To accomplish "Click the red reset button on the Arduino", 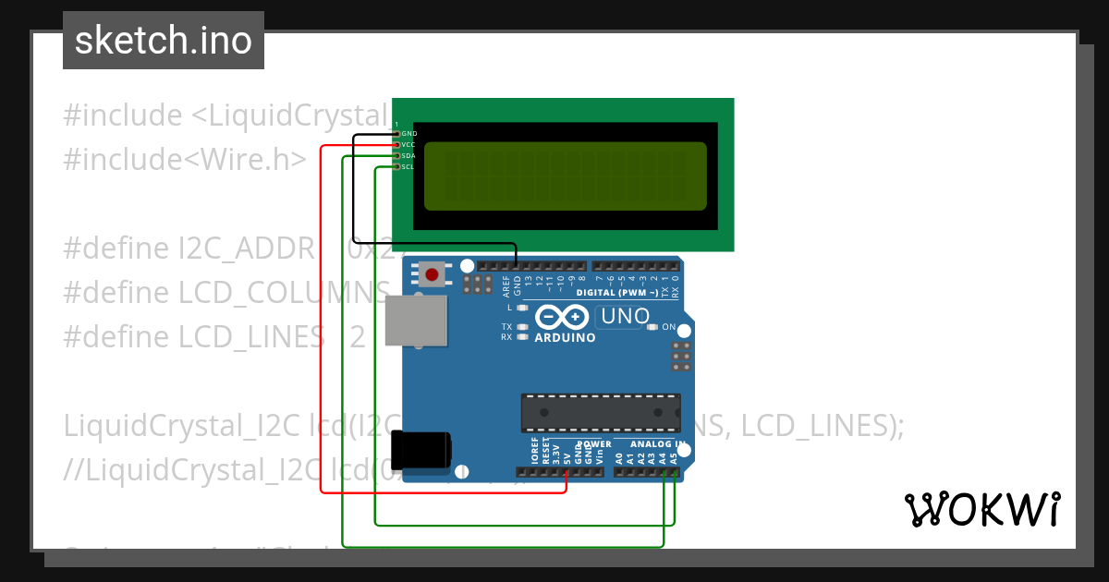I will (432, 274).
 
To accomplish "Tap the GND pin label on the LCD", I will (409, 134).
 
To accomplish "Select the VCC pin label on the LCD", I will (408, 145).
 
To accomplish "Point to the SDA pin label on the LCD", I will (408, 156).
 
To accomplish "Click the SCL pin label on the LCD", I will (408, 167).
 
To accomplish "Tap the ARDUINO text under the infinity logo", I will (565, 338).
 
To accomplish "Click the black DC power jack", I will (420, 451).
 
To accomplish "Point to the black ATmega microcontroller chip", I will (601, 413).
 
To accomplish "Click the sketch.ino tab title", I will (164, 41).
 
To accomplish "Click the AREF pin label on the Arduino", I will (506, 282).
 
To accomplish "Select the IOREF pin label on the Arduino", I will (535, 452).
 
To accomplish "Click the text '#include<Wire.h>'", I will (185, 160).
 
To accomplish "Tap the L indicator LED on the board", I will (522, 307).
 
